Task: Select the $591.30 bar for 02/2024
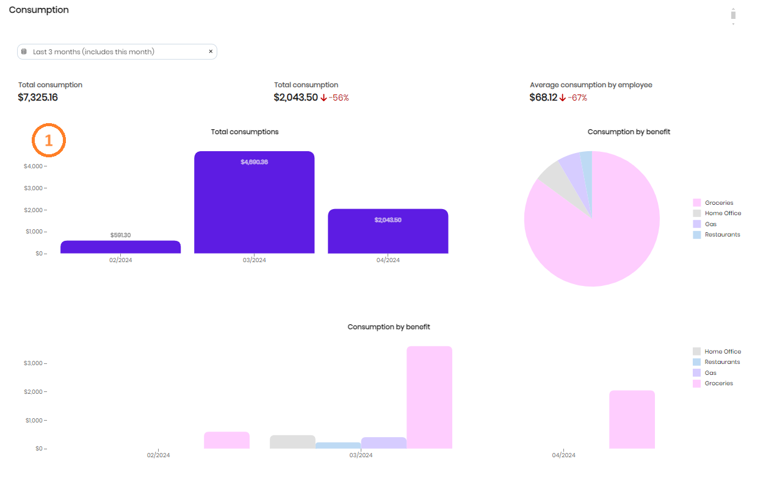point(120,247)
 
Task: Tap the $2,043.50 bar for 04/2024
point(388,231)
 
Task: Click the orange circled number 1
point(49,141)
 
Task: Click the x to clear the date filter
point(211,52)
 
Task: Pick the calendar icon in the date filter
point(24,52)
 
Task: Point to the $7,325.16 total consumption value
point(38,98)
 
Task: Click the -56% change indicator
point(339,98)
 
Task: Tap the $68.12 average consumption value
point(543,98)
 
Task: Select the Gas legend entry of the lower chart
point(710,372)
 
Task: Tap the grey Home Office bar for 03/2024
point(292,442)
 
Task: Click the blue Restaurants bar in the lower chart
point(338,446)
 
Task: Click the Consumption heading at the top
point(38,10)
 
